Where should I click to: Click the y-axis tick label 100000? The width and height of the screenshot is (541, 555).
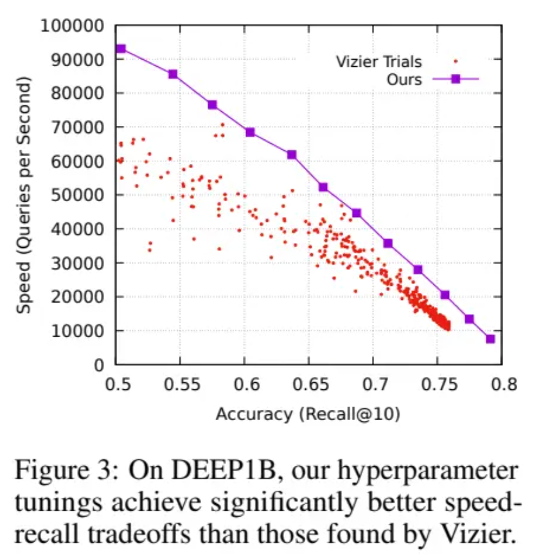[x=73, y=26]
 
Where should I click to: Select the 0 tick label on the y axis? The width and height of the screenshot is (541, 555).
[x=99, y=365]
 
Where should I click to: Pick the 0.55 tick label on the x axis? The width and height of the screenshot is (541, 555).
[x=179, y=383]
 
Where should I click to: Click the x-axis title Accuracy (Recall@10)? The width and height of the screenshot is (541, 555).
[x=308, y=414]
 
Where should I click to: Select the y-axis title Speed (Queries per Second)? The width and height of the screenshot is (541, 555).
[x=24, y=195]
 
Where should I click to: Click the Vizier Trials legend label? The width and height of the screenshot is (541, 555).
[x=379, y=62]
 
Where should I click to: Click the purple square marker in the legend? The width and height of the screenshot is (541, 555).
[x=456, y=79]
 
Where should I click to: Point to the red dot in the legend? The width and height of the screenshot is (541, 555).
[x=456, y=62]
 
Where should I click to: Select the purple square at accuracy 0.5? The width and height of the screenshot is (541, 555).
[x=120, y=49]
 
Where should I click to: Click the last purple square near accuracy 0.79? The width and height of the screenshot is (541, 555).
[x=490, y=339]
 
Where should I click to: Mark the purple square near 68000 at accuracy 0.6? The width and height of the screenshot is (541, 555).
[x=250, y=132]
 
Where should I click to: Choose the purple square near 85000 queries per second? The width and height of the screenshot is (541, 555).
[x=173, y=75]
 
